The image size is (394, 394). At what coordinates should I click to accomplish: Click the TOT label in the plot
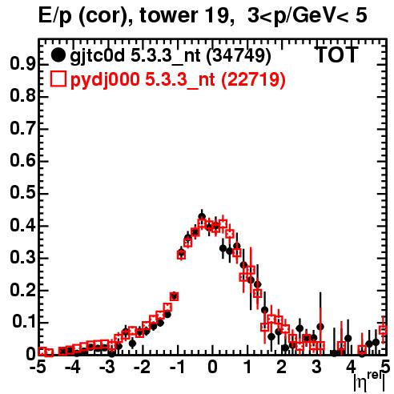tap(337, 55)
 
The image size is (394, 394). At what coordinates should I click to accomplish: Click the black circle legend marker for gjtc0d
tap(58, 55)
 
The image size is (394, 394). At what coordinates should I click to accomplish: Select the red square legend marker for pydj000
tap(58, 79)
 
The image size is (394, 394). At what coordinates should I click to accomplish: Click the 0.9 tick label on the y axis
tap(22, 64)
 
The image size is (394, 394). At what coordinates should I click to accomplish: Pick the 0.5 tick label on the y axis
tap(22, 193)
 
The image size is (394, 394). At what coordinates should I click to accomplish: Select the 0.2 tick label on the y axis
tap(22, 290)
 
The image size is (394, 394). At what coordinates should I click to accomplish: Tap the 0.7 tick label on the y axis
tap(22, 128)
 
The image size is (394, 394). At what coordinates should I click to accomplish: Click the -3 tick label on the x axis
tap(107, 368)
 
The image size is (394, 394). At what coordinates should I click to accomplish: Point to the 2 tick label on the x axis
tap(281, 368)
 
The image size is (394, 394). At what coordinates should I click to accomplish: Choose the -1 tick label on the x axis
tap(177, 368)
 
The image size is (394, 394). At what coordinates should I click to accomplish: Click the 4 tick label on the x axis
tap(351, 368)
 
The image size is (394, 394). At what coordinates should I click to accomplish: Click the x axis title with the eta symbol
tap(370, 381)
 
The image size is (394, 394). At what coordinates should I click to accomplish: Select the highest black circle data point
tap(202, 216)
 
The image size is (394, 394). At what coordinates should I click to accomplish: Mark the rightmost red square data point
tap(384, 331)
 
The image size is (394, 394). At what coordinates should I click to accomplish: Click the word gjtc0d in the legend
tap(98, 56)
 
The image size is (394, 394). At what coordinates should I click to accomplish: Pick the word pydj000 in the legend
tap(105, 80)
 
